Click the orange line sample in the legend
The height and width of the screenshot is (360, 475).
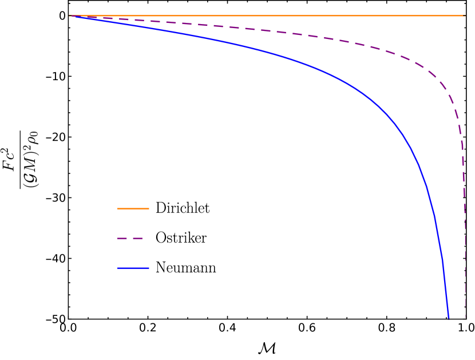(133, 208)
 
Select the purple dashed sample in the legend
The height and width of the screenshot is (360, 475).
(130, 238)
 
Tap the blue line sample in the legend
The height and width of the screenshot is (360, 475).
(133, 268)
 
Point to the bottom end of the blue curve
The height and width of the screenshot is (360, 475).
(449, 318)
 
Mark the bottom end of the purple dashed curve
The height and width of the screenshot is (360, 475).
(465, 318)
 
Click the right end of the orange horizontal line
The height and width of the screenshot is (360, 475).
(465, 15)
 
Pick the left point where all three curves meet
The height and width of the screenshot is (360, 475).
(70, 16)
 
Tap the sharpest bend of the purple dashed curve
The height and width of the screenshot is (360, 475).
(449, 92)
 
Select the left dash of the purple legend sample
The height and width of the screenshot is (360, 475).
(122, 238)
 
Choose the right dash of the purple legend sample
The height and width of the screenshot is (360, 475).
(138, 238)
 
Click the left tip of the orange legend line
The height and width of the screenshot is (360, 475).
(118, 208)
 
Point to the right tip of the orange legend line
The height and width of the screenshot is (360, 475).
(149, 208)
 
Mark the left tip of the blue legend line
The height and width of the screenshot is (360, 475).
(118, 268)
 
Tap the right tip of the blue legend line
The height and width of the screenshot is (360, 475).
(149, 268)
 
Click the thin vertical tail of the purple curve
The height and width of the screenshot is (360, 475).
(465, 258)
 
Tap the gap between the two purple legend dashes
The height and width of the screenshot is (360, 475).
(130, 238)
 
